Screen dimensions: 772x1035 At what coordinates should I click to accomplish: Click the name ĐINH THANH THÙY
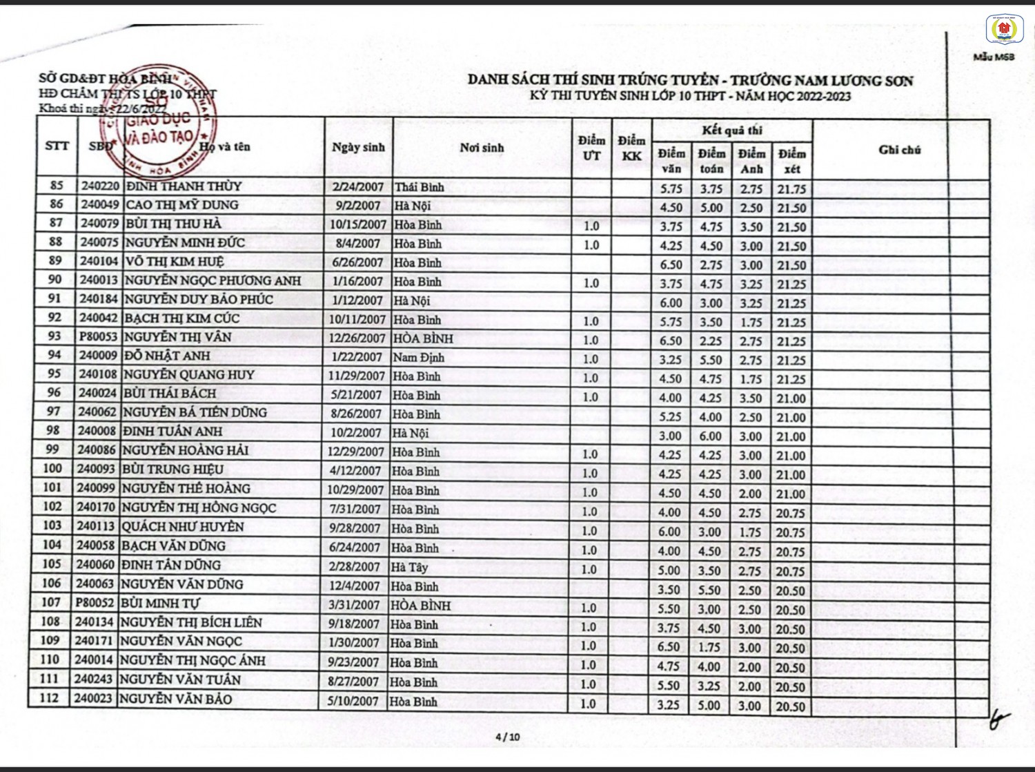point(184,186)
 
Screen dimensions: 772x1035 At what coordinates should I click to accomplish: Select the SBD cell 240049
point(99,205)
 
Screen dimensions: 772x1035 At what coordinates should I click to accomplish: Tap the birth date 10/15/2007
point(357,224)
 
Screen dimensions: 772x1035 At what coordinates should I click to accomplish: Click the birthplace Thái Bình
point(419,187)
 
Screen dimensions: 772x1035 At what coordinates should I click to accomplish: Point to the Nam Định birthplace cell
point(418,357)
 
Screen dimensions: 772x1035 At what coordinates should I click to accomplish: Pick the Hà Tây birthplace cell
point(408,568)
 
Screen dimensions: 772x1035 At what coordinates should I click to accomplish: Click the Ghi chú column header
point(899,149)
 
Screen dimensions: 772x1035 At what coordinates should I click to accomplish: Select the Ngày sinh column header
point(358,147)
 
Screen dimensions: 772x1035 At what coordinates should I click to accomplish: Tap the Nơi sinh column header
point(482,147)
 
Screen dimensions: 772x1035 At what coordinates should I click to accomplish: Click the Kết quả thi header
point(731,131)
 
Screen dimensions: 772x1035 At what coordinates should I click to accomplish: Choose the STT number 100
point(52,468)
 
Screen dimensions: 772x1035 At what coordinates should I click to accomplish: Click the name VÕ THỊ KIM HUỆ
point(174,262)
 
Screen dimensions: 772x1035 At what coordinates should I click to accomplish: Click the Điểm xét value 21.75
point(791,189)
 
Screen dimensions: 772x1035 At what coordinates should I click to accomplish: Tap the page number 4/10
point(508,737)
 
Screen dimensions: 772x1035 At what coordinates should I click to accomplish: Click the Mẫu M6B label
point(994,57)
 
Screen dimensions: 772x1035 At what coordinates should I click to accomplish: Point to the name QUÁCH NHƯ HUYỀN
point(183,526)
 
